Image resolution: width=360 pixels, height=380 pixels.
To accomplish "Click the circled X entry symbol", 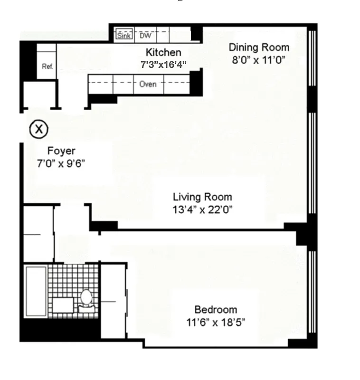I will (39, 128).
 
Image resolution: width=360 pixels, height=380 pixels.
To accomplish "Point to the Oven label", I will (148, 85).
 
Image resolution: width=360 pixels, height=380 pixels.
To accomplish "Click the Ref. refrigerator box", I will (47, 66).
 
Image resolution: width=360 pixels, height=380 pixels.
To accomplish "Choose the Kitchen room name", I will (163, 52).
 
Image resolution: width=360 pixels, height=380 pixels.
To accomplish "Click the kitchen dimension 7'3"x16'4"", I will (163, 64).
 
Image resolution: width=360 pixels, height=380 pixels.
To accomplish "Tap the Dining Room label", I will (259, 47).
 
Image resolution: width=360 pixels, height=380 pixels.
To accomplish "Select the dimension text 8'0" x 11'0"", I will (259, 60).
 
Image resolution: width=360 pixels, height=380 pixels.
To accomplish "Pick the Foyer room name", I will (61, 151).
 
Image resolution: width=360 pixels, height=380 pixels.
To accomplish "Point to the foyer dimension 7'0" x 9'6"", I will (61, 163).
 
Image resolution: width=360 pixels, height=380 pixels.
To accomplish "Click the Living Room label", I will (202, 197).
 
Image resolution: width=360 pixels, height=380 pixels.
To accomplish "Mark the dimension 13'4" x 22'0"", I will (202, 209).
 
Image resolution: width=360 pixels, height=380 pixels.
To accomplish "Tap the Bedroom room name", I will (216, 310).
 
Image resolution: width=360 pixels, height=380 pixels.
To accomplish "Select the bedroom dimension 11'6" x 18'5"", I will (216, 323).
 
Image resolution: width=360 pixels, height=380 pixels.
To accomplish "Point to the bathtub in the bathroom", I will (36, 291).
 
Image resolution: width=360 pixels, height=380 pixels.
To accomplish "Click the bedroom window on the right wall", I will (312, 292).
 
